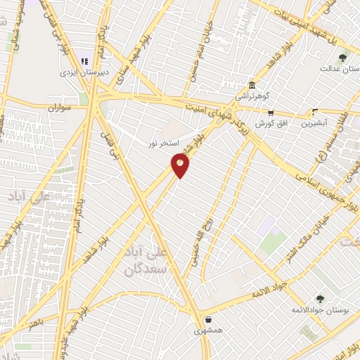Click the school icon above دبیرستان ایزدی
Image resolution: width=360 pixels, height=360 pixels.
point(85,61)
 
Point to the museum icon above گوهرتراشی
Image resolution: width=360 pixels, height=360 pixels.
point(252,83)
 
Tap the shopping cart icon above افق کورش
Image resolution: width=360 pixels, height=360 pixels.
point(270,112)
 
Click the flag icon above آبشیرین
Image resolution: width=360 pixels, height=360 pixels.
point(315,112)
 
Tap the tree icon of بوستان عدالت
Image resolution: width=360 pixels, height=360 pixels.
point(342,58)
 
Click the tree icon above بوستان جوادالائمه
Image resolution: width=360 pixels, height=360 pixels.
point(320,299)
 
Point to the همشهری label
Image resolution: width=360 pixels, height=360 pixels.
point(208,330)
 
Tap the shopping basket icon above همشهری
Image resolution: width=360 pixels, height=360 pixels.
point(208,319)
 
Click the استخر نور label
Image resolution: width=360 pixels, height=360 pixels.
point(163,143)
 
